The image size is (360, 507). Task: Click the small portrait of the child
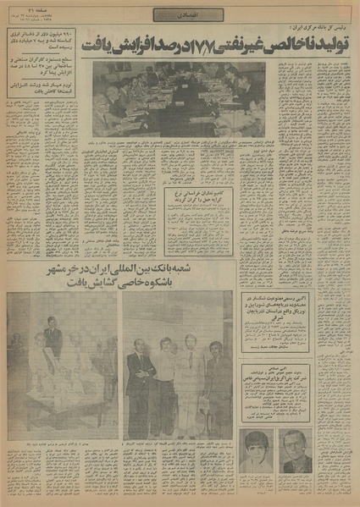256,450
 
